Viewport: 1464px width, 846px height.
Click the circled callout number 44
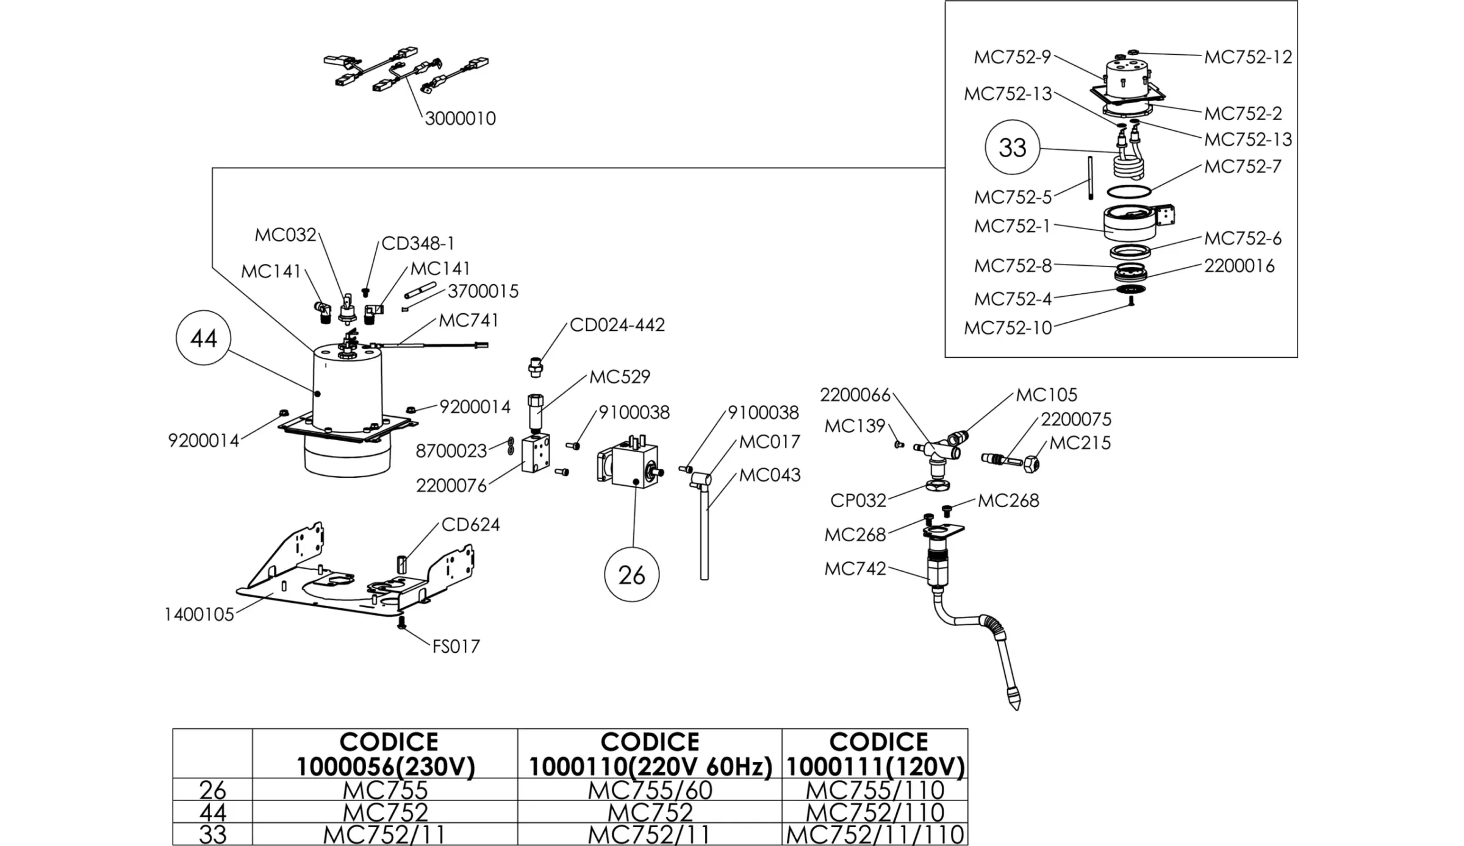pyautogui.click(x=203, y=338)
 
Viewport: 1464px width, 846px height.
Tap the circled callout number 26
pyautogui.click(x=631, y=575)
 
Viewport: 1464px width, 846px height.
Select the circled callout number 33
pyautogui.click(x=1012, y=148)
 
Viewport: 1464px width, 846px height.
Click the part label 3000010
pyautogui.click(x=460, y=118)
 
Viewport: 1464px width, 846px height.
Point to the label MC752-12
pyautogui.click(x=1247, y=57)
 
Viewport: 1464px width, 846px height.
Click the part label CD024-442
pyautogui.click(x=617, y=325)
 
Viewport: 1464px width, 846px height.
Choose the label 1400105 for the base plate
pyautogui.click(x=199, y=614)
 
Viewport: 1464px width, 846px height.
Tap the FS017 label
pyautogui.click(x=456, y=646)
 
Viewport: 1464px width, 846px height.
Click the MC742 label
pyautogui.click(x=855, y=569)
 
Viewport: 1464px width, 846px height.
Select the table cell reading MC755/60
pyautogui.click(x=650, y=790)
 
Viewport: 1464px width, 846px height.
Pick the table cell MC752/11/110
pyautogui.click(x=875, y=834)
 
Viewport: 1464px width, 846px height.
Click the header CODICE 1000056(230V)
pyautogui.click(x=386, y=754)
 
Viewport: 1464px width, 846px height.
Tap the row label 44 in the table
pyautogui.click(x=212, y=812)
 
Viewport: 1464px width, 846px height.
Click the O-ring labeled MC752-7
pyautogui.click(x=1128, y=191)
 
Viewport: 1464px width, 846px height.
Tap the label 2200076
pyautogui.click(x=451, y=486)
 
